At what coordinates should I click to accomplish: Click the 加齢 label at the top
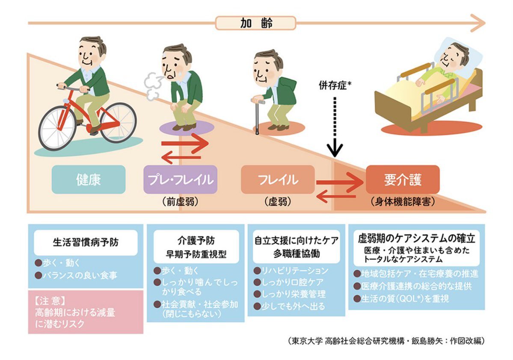coord(255,23)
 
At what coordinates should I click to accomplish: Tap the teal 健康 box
coord(88,180)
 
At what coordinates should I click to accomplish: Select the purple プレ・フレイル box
coord(180,180)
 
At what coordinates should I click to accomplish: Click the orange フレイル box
coord(278,180)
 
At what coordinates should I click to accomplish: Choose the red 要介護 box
coord(403,180)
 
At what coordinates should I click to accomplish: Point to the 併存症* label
coord(335,86)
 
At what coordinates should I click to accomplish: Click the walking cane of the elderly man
coord(257,116)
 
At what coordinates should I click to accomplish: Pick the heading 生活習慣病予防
coord(86,242)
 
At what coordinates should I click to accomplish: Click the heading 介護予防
coord(196,241)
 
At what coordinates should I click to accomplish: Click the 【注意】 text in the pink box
coord(50,301)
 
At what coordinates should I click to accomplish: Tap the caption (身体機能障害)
coord(403,201)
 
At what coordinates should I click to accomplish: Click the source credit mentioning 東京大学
coord(386,341)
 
